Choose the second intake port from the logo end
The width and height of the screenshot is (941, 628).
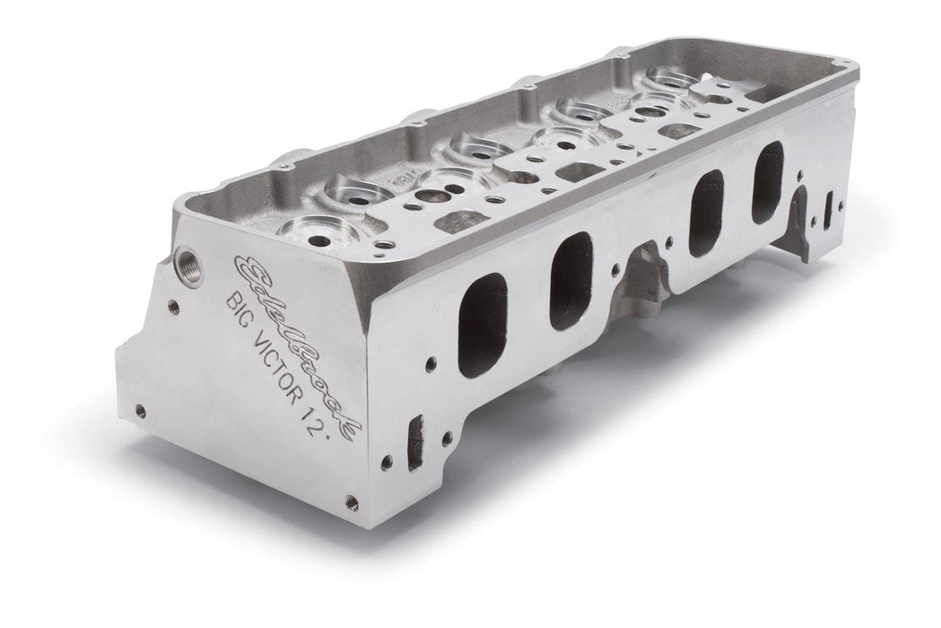(571, 280)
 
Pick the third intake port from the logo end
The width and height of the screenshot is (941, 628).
(707, 212)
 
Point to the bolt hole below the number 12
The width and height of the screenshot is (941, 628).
(352, 502)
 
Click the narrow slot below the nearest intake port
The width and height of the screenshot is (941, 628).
(414, 442)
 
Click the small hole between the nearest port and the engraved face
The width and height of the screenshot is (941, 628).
(431, 362)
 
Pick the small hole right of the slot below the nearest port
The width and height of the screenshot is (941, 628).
(444, 437)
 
